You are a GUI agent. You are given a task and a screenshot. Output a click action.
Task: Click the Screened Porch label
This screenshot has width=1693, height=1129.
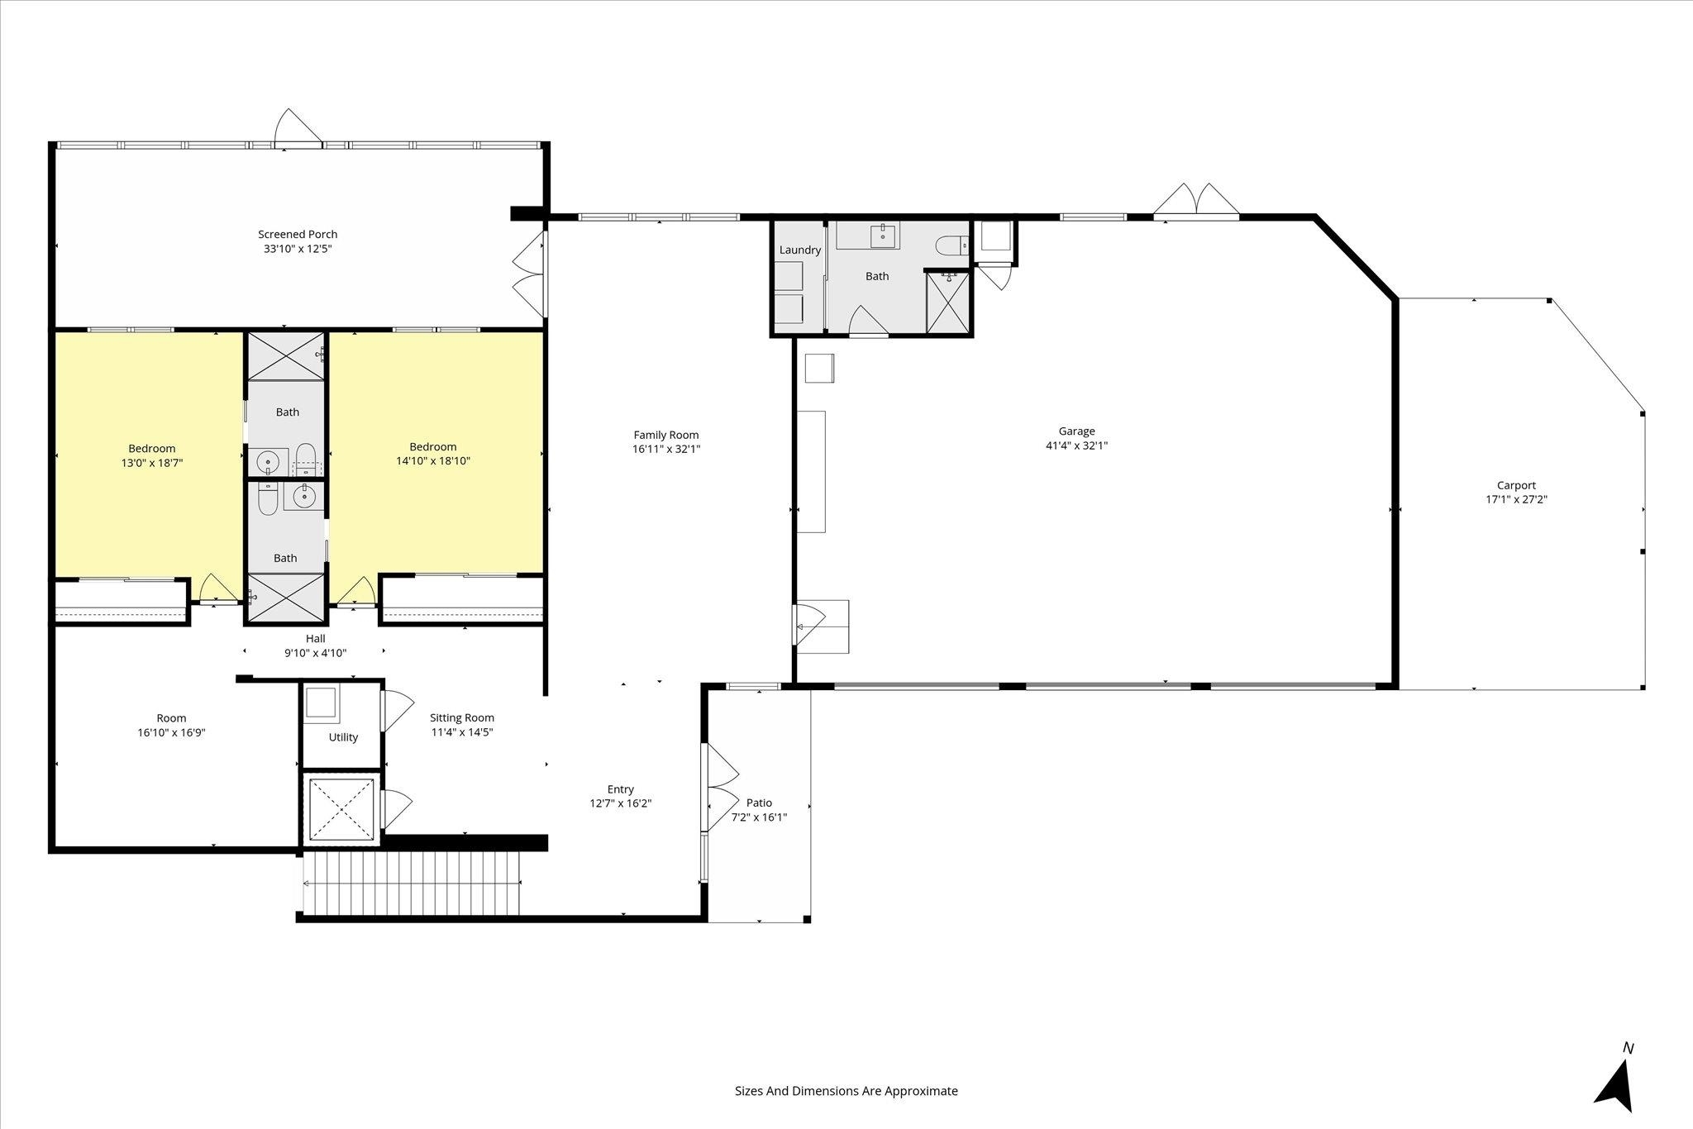(x=298, y=234)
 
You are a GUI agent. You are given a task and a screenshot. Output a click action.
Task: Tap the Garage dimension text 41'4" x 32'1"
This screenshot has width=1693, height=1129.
(x=1076, y=445)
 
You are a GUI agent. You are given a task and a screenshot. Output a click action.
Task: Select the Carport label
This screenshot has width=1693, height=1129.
(x=1516, y=486)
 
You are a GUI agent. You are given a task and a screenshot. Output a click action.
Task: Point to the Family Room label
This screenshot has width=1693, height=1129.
(x=666, y=435)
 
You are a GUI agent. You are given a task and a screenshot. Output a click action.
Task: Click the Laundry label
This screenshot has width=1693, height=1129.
(x=800, y=250)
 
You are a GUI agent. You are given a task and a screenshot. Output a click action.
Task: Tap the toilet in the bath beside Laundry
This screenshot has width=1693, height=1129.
(x=951, y=245)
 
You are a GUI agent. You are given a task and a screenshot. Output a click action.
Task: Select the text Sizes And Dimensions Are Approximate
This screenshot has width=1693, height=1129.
(x=846, y=1091)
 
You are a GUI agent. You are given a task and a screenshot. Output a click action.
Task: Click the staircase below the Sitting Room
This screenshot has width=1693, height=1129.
(x=412, y=884)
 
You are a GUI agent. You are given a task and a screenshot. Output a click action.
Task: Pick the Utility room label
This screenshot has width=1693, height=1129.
(x=343, y=737)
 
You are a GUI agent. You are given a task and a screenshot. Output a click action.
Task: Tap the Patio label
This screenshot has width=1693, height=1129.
(x=759, y=803)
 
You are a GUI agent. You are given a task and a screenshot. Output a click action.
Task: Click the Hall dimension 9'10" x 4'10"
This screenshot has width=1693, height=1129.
(x=315, y=653)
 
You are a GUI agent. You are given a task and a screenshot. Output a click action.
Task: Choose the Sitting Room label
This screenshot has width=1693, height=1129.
(x=462, y=717)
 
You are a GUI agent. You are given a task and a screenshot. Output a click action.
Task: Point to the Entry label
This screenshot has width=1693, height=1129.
(x=621, y=789)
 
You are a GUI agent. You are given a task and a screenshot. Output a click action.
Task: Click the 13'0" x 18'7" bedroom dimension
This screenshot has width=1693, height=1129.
(x=152, y=464)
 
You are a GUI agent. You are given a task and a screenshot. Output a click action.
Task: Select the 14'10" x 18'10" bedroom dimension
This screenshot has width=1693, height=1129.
(x=433, y=461)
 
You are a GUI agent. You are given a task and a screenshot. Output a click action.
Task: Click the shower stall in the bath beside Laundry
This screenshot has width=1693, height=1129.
(x=949, y=302)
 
